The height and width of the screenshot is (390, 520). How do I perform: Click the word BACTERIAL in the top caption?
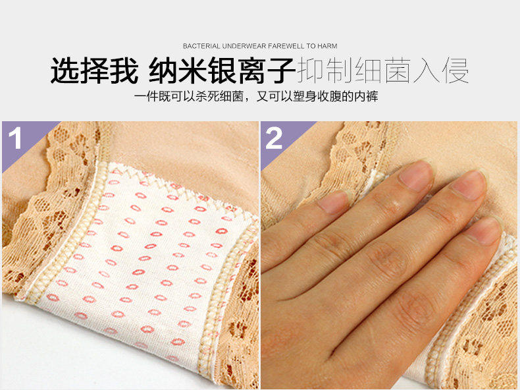pyautogui.click(x=201, y=47)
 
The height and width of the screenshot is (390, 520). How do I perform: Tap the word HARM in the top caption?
pyautogui.click(x=327, y=47)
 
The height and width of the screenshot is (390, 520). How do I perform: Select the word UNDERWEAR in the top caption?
pyautogui.click(x=243, y=47)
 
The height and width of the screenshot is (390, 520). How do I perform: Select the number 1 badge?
pyautogui.click(x=16, y=139)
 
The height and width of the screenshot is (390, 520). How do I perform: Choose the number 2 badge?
pyautogui.click(x=274, y=139)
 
